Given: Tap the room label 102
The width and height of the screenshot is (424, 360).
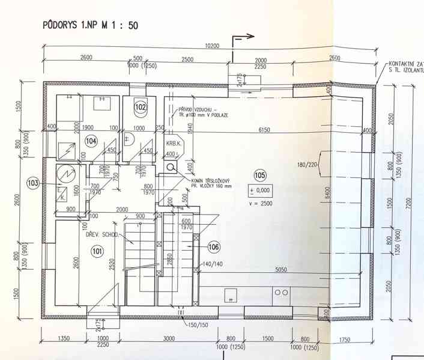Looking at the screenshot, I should (x=140, y=107).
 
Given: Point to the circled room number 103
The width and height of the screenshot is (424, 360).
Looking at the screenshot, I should (x=32, y=182).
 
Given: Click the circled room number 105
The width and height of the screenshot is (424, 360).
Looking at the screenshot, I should (x=259, y=175).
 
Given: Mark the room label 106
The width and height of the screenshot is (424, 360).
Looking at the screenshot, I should (x=213, y=246).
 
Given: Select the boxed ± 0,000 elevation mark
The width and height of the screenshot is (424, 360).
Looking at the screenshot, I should (x=259, y=191).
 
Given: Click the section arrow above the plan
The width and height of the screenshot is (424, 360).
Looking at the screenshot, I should (x=243, y=37).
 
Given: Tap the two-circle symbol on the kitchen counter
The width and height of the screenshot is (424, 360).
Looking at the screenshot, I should (x=280, y=292).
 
